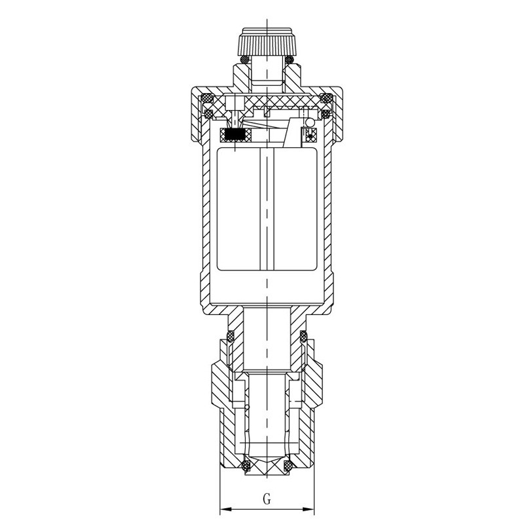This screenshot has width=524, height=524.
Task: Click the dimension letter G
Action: [x=267, y=500]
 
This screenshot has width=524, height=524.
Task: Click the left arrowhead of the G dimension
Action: [x=225, y=510]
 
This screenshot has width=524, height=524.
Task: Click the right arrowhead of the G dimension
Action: [x=309, y=510]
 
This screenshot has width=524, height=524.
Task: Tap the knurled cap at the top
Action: [x=267, y=43]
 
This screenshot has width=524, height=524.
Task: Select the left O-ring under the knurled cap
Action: [x=244, y=60]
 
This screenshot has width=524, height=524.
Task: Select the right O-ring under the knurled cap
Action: [x=289, y=60]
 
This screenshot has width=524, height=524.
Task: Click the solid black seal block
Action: [x=236, y=135]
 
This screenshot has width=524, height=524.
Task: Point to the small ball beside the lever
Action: [x=310, y=122]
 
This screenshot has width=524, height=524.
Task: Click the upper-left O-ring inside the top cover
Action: [x=206, y=98]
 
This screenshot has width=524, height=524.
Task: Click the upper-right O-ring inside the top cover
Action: [x=326, y=98]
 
